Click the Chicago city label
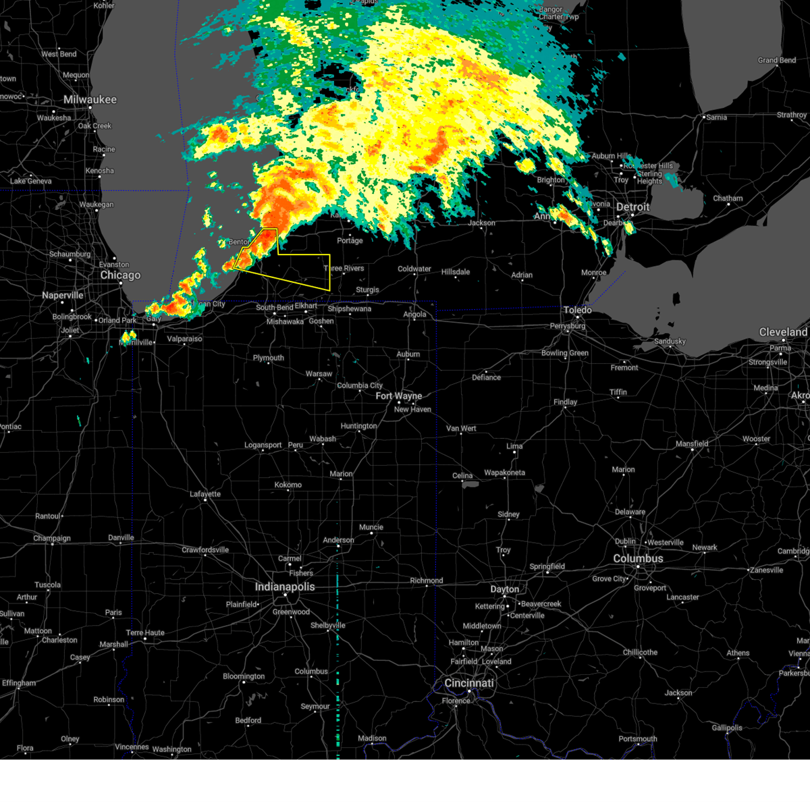120,275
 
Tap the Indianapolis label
285,587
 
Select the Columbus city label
638,559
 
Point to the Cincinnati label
469,683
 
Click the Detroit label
632,207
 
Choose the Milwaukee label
90,100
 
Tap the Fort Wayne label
399,396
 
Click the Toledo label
577,310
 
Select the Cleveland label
783,332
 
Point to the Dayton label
505,589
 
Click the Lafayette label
205,494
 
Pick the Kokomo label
288,485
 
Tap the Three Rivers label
344,269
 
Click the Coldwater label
414,269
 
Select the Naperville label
63,296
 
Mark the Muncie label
371,527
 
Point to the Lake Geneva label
31,181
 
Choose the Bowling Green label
565,353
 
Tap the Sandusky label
670,342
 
